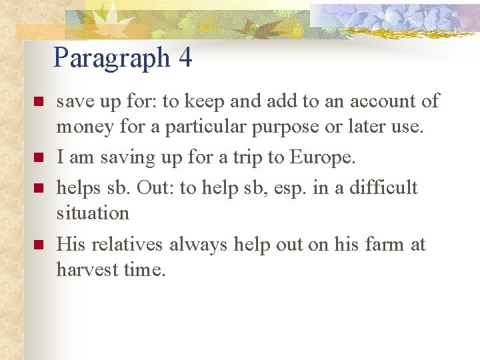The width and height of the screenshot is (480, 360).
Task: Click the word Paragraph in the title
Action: (112, 59)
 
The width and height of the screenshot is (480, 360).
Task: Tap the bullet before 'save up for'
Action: (38, 102)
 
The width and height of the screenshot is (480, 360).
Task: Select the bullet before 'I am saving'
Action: (38, 158)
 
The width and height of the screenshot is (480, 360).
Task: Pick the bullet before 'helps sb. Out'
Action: (38, 189)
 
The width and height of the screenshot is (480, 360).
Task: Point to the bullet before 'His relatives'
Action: (38, 245)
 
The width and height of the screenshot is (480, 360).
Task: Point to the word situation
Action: (93, 213)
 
